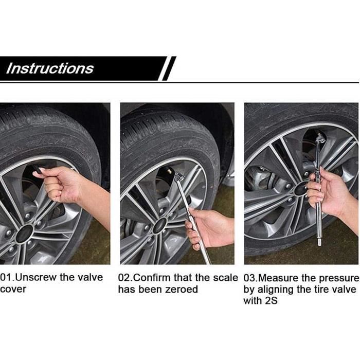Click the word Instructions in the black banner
click(x=49, y=68)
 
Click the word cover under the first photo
click(x=13, y=289)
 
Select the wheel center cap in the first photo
click(x=24, y=233)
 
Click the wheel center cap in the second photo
click(x=160, y=225)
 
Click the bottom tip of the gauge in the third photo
click(x=319, y=245)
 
